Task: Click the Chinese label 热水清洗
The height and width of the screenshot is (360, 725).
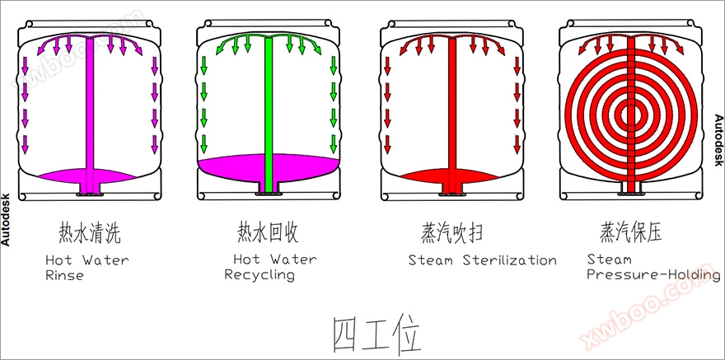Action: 90,233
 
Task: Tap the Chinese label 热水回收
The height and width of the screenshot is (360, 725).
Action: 268,233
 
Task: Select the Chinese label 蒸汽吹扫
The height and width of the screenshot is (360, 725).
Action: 450,233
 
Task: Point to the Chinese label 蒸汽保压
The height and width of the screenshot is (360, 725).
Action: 630,232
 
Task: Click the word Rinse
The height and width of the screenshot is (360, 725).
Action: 64,275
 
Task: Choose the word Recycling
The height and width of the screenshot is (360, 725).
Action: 260,275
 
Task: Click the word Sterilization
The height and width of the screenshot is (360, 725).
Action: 510,260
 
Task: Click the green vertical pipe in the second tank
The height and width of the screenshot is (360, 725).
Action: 268,107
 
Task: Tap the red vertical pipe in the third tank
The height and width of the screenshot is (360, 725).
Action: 451,107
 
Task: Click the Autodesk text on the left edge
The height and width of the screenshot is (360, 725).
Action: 6,214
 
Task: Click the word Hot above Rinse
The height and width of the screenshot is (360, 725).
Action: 58,260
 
